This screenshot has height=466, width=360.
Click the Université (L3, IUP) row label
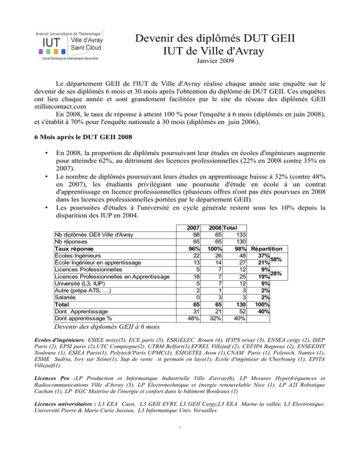(79, 284)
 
